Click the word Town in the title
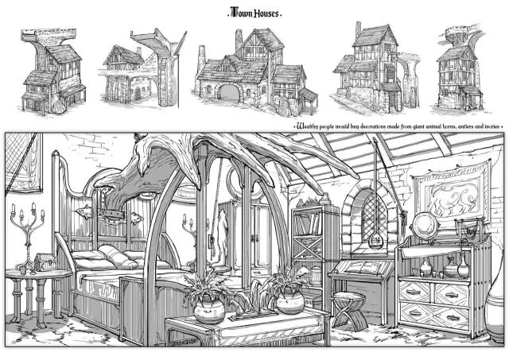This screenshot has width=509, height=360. coord(239,14)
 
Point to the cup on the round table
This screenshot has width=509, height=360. coord(23,269)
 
